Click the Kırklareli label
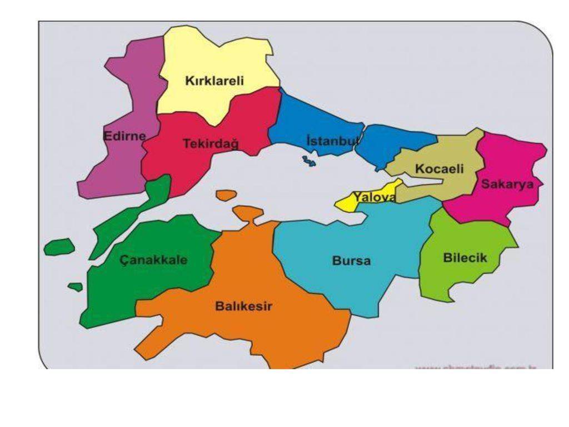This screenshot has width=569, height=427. coord(214,81)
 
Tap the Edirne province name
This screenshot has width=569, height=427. coord(125,136)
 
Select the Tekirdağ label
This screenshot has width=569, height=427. coord(211,143)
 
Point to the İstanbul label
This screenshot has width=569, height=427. coord(333,140)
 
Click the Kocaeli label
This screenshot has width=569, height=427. coord(439,168)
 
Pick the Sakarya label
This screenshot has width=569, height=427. coord(507,184)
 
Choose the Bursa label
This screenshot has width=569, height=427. coord(351,260)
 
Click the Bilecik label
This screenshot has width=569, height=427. coord(465,257)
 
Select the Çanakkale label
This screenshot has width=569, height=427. coord(153,260)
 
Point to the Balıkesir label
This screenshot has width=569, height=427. coord(243,306)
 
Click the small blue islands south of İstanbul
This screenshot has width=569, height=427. coord(309,161)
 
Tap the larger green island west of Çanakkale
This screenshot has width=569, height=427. coord(59,246)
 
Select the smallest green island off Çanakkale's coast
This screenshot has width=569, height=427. coord(76,287)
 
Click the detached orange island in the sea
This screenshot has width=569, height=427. coord(226,195)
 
